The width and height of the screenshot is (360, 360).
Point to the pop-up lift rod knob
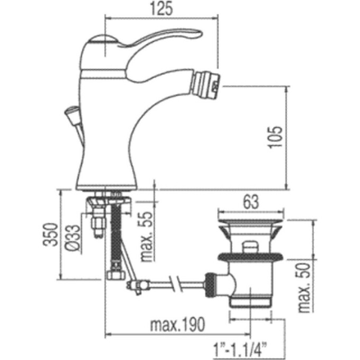click(69, 113)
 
